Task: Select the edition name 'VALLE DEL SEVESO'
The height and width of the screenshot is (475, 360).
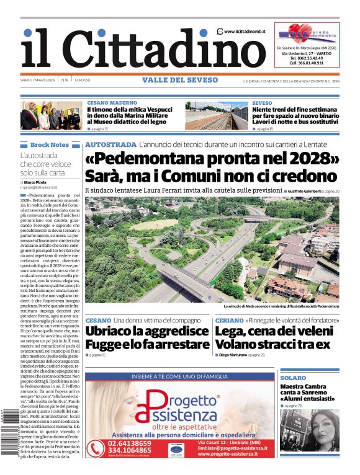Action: [180, 80]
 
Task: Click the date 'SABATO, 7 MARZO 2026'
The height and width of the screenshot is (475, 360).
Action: [39, 81]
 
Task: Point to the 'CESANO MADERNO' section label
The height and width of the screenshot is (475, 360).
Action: [112, 102]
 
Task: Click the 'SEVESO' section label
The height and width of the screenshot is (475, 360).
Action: [262, 102]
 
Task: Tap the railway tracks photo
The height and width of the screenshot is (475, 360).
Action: [217, 115]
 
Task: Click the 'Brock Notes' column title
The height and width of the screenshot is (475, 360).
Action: [50, 144]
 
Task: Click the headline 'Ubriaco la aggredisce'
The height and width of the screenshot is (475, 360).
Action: [146, 331]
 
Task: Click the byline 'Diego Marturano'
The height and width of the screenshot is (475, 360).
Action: [233, 355]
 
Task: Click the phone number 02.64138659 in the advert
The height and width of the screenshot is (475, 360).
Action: [128, 443]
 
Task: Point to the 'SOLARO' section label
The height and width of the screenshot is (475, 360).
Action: [293, 378]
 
